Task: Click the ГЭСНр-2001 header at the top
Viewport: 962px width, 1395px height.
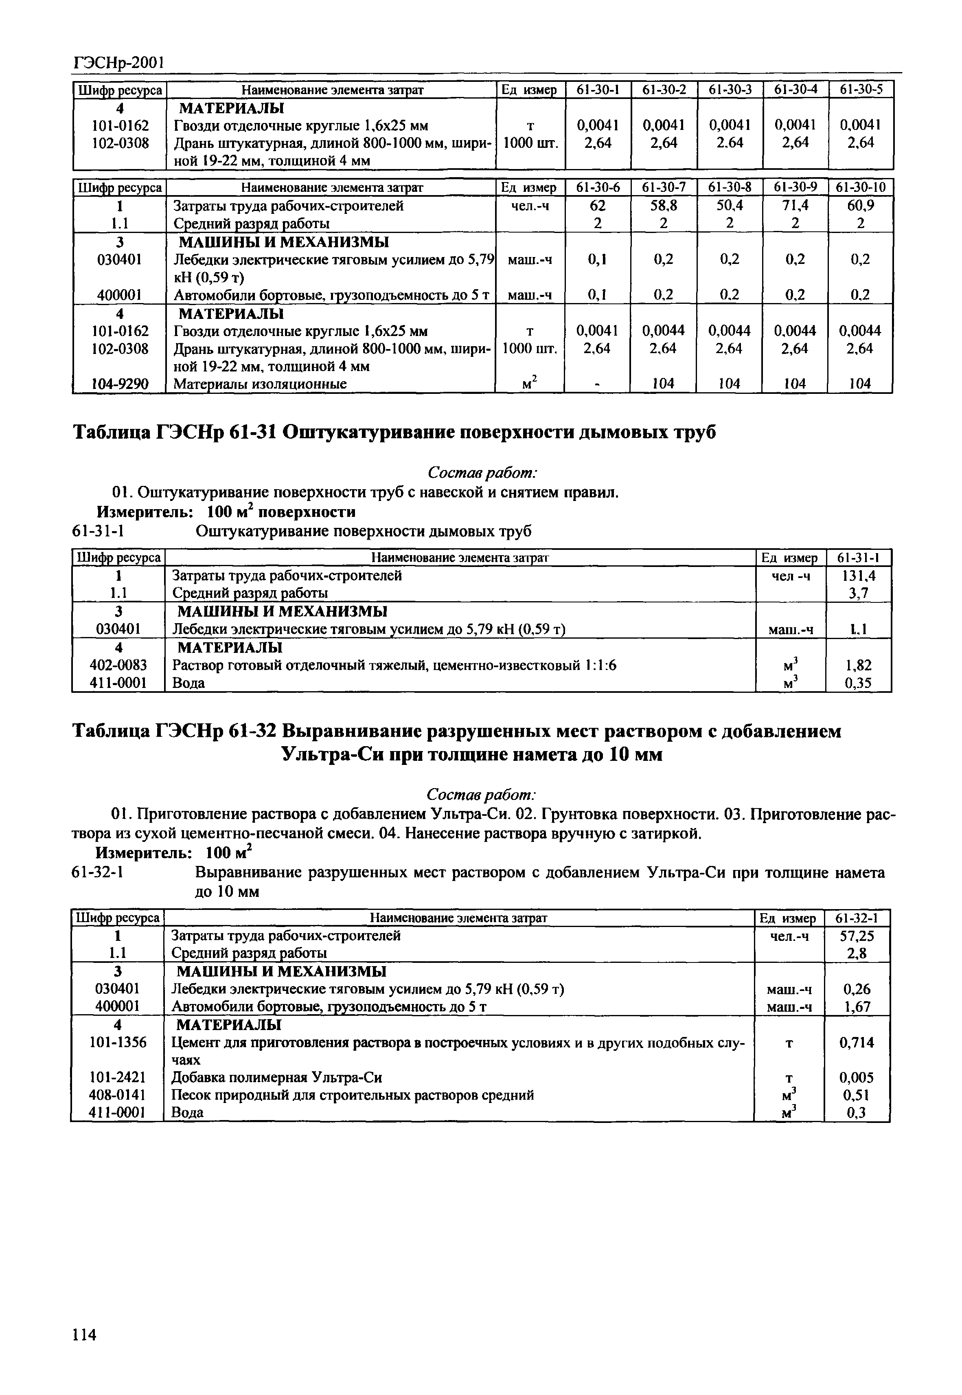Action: (118, 62)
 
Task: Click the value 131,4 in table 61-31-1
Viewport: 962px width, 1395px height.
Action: (858, 576)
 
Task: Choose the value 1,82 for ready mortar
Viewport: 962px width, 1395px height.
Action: (858, 665)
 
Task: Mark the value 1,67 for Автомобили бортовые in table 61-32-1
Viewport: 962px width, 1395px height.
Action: (857, 1006)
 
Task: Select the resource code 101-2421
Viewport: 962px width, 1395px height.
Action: (118, 1077)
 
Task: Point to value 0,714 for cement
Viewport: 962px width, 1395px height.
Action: (857, 1042)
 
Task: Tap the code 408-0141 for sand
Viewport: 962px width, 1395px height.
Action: (118, 1095)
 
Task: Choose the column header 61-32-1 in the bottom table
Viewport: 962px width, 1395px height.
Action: (857, 918)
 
